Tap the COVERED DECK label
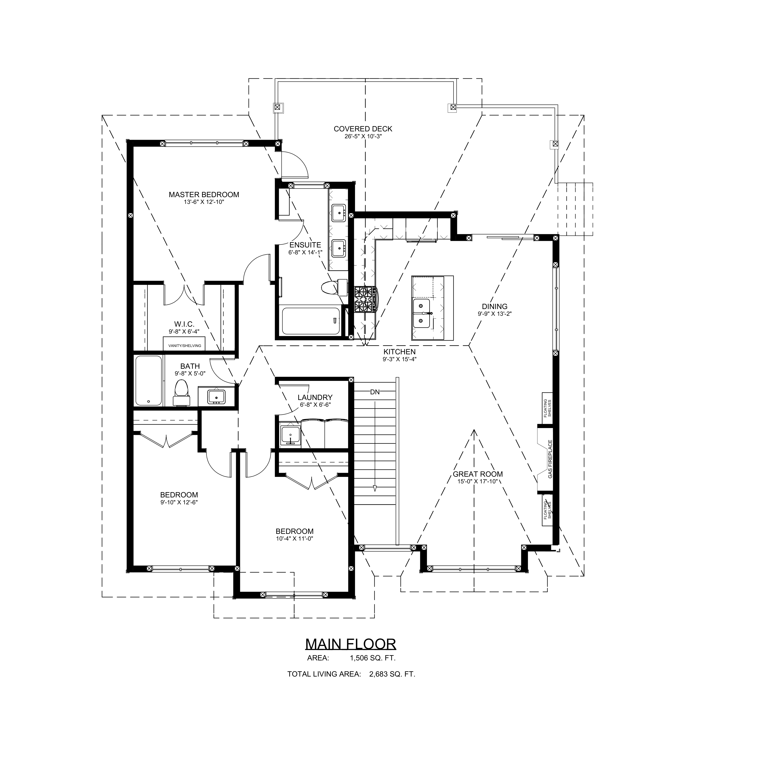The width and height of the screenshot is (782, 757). coord(363,129)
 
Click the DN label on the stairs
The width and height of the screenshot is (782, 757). coord(375,392)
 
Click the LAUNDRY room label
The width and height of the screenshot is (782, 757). coord(315,397)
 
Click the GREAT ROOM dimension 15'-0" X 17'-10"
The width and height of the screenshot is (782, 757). coord(478,481)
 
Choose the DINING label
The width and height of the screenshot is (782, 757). coord(495,306)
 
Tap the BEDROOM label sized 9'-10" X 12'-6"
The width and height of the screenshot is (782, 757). coord(179,495)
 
